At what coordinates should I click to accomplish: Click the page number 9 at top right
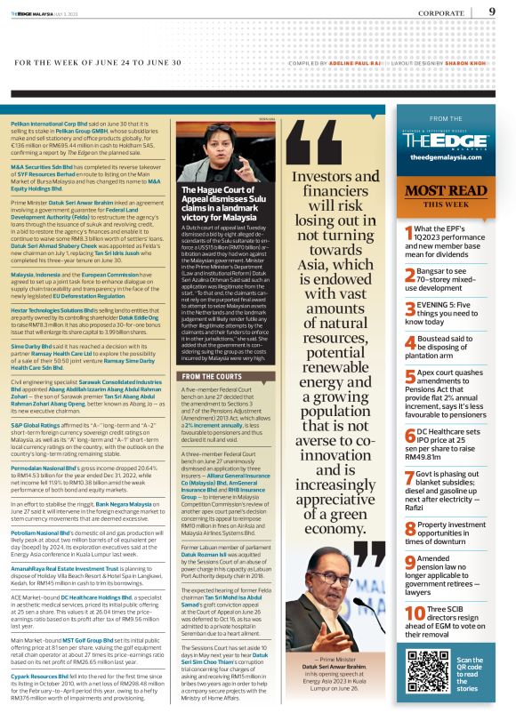tap(492, 12)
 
